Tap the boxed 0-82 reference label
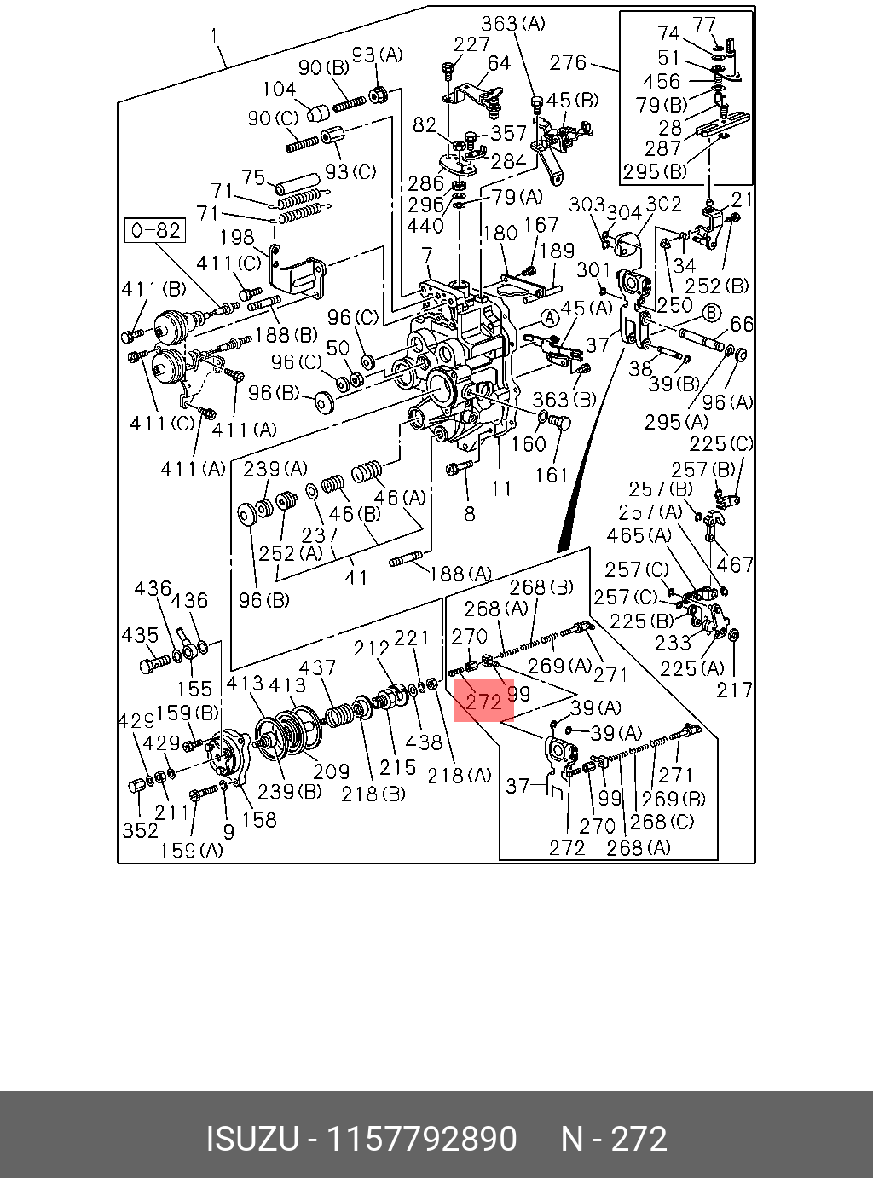point(155,230)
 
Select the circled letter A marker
point(551,319)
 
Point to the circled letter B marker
point(712,313)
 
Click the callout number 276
point(568,63)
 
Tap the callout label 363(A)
point(513,24)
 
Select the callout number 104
point(280,89)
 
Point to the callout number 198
point(236,237)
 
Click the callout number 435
point(141,635)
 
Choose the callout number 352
point(141,830)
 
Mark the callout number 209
point(331,771)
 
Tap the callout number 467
point(735,564)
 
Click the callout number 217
point(735,690)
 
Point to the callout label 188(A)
point(460,574)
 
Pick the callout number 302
point(663,204)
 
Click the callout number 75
point(253,177)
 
